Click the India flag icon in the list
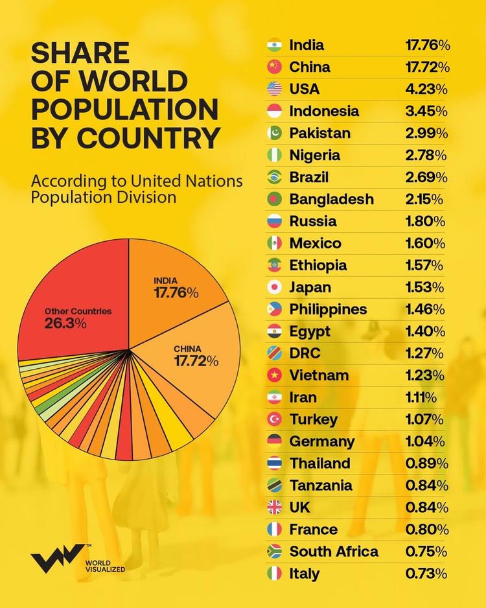[x=274, y=45]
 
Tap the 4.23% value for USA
[x=426, y=89]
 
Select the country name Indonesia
[x=324, y=111]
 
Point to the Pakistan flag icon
[x=274, y=133]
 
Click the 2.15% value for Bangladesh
[x=425, y=199]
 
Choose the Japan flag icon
[x=274, y=287]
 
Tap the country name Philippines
[x=328, y=309]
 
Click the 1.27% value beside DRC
[x=425, y=353]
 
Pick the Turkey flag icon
[x=274, y=419]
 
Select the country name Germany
[x=322, y=441]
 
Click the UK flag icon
[x=274, y=508]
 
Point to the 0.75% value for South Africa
[x=426, y=552]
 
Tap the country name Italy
[x=305, y=574]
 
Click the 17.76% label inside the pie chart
[x=176, y=293]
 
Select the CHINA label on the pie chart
[x=188, y=349]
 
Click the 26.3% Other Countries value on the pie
[x=65, y=323]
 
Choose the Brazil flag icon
[x=274, y=177]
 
